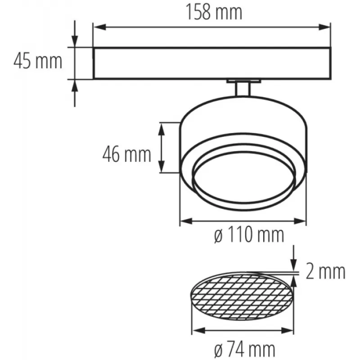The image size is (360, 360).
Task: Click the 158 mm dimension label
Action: pos(214,12)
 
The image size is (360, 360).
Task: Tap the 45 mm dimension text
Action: pos(38,61)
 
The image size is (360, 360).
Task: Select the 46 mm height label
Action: pos(127,154)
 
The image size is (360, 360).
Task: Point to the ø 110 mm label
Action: pos(249,234)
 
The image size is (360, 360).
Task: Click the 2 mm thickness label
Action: pos(325,272)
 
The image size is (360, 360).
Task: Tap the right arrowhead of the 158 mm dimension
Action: pos(324,27)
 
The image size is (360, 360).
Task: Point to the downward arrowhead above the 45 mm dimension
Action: pos(75,41)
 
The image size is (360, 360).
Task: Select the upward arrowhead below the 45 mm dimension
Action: pos(75,85)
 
